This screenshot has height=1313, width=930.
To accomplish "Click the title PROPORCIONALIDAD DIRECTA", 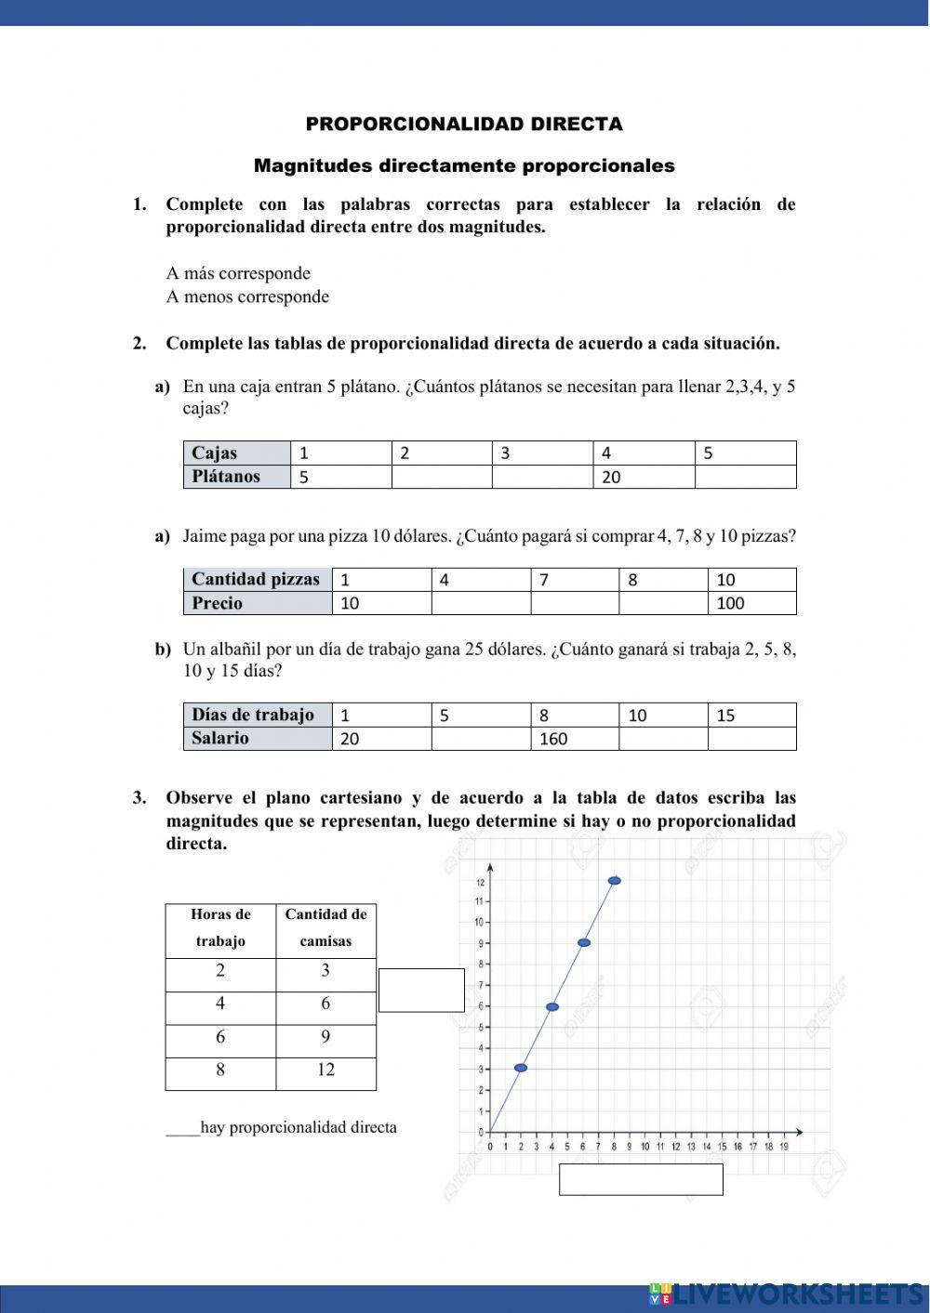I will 464,124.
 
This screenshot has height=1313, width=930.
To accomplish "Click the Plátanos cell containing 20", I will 644,477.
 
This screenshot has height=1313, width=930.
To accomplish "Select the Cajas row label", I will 237,453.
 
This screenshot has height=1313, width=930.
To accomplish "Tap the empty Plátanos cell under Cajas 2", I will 441,477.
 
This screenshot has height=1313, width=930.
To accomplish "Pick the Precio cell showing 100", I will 751,603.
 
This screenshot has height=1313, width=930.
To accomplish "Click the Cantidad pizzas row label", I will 258,579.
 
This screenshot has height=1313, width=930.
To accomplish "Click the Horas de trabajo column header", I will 220,927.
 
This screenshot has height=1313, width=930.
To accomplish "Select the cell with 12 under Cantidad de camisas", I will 325,1070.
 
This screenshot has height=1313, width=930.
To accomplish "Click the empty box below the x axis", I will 641,1179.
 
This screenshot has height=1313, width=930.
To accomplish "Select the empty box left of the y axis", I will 421,990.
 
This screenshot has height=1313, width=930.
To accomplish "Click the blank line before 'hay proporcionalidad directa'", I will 182,1129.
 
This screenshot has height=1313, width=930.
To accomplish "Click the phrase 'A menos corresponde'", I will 247,296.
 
